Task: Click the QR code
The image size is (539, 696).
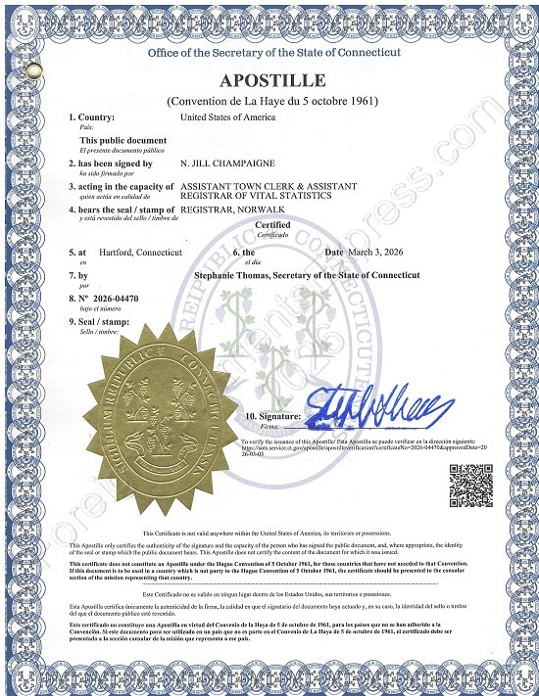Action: [x=469, y=483]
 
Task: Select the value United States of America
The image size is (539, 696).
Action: [x=228, y=117]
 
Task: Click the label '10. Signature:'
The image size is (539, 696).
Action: [x=274, y=417]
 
